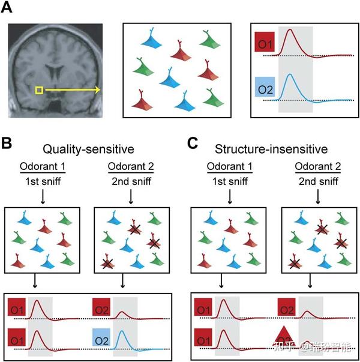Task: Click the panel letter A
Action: click(x=7, y=8)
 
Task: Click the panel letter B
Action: click(x=7, y=143)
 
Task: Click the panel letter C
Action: click(x=193, y=143)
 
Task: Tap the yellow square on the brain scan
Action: click(x=39, y=90)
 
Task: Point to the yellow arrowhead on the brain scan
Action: click(x=98, y=90)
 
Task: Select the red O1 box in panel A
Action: click(x=265, y=42)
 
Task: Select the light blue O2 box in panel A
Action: click(x=265, y=87)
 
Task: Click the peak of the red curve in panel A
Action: click(x=290, y=29)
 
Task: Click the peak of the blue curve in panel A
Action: click(x=290, y=74)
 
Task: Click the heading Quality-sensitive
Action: click(x=88, y=149)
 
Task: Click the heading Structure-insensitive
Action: click(x=271, y=149)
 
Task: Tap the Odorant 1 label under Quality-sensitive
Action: click(x=43, y=166)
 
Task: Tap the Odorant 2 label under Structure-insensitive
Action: click(x=318, y=166)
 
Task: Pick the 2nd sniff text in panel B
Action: click(x=131, y=181)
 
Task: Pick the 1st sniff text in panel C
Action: click(x=230, y=181)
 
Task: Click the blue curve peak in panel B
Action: click(x=122, y=331)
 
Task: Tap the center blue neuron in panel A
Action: click(x=170, y=78)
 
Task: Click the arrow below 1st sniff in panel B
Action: click(x=43, y=197)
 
